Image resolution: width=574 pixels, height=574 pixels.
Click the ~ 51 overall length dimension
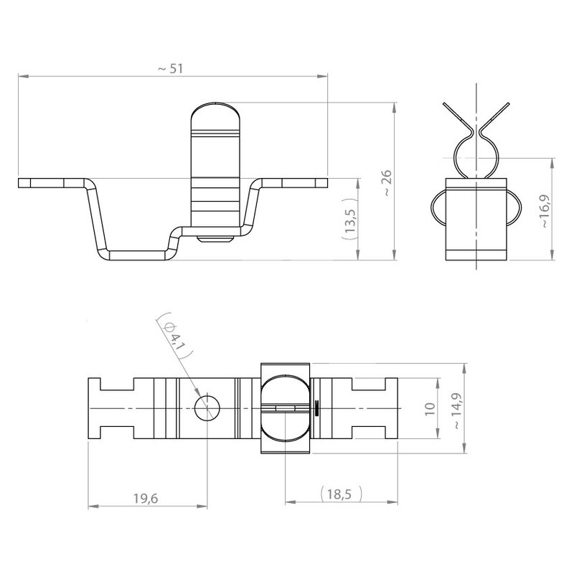[170, 69]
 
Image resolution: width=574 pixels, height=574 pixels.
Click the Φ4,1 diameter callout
[174, 336]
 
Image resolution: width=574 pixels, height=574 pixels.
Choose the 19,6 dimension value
[146, 498]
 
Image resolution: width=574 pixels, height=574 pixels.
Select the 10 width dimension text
[430, 408]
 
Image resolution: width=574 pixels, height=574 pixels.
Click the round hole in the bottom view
[207, 408]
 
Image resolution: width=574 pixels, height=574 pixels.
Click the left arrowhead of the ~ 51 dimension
[23, 76]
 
